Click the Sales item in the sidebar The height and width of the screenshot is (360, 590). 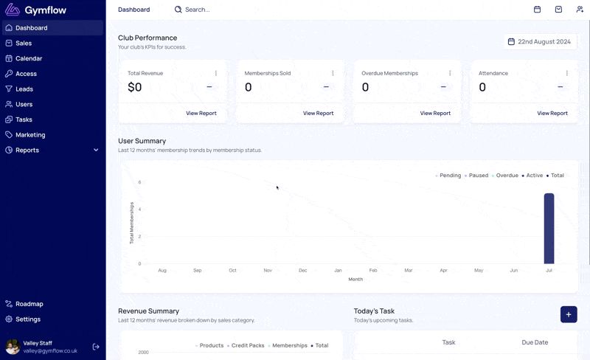click(24, 44)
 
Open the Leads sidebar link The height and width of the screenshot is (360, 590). click(24, 89)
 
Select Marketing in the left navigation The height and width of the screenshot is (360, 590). click(30, 135)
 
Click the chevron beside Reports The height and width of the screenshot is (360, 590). click(96, 150)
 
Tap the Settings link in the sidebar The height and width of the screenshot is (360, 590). click(28, 319)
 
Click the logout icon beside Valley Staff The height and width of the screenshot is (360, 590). click(96, 347)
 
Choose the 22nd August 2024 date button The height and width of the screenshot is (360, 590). click(540, 42)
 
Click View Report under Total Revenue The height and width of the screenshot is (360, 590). click(201, 114)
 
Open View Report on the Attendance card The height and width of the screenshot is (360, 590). click(552, 114)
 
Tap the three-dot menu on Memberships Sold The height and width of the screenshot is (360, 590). click(333, 73)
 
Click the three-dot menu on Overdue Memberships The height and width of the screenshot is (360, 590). click(450, 73)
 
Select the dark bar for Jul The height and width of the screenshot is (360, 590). click(549, 229)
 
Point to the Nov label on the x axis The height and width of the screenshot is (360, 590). click(268, 271)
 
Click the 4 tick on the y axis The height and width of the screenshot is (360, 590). click(139, 210)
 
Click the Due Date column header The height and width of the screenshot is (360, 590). click(535, 342)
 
